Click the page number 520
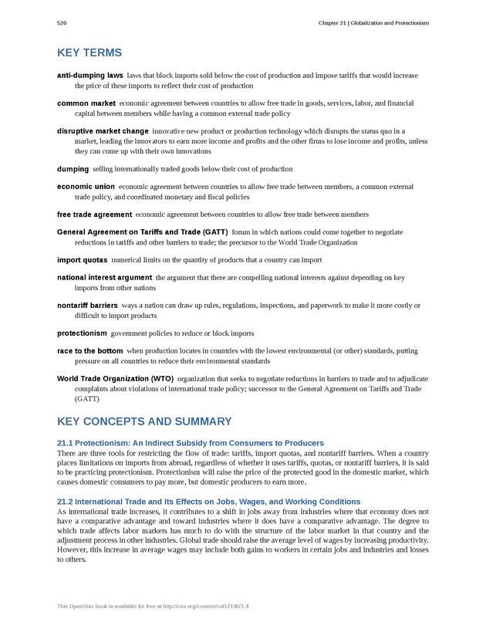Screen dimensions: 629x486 [x=62, y=23]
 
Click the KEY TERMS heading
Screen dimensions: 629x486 [x=89, y=53]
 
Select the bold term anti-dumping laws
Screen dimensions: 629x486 [x=90, y=76]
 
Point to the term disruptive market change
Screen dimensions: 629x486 [x=103, y=131]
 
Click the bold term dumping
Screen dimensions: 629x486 [x=73, y=168]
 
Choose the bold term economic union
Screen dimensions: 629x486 [x=86, y=186]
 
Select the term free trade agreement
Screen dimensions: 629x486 [x=94, y=214]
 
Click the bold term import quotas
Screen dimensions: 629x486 [x=82, y=260]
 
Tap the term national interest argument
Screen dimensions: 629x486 [x=104, y=277]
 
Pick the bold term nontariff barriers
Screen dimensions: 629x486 [x=87, y=306]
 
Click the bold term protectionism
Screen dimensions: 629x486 [x=82, y=333]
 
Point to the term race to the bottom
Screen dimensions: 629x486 [x=89, y=351]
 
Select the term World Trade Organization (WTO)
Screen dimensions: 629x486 [x=115, y=379]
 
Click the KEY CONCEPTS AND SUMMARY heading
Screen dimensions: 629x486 [x=144, y=421]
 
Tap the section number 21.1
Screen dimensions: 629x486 [x=66, y=442]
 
